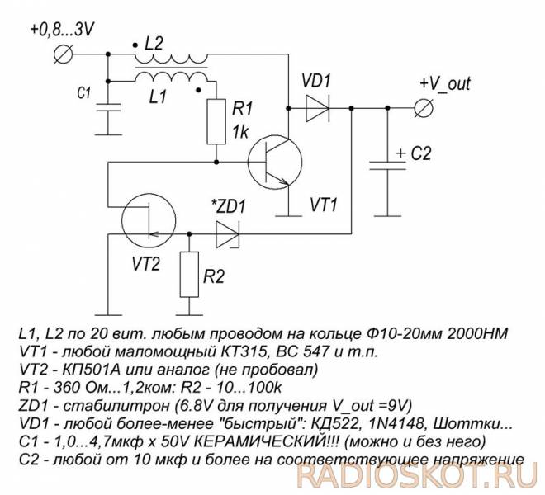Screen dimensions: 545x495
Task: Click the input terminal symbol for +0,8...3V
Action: coord(64,54)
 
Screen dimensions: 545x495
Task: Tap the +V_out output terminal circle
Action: coord(424,108)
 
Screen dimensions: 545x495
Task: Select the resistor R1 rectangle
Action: coord(216,121)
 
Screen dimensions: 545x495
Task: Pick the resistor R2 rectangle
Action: coord(189,275)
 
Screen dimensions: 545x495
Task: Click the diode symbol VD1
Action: coord(317,108)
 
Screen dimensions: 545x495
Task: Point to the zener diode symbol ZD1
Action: coord(228,234)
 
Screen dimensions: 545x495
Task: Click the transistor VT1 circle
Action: coord(275,163)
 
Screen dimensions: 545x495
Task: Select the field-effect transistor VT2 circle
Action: coord(149,219)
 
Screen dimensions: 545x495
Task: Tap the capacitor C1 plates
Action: coord(108,107)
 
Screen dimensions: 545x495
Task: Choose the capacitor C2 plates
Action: coord(387,165)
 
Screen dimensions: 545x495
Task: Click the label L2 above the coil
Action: coord(154,44)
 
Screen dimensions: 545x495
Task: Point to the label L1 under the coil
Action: coord(159,97)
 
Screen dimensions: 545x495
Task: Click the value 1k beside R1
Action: coord(240,132)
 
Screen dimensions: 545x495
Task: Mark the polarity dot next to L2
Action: coord(135,45)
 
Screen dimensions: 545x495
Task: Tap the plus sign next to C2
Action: coord(401,153)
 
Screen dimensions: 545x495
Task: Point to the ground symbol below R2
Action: coord(189,315)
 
